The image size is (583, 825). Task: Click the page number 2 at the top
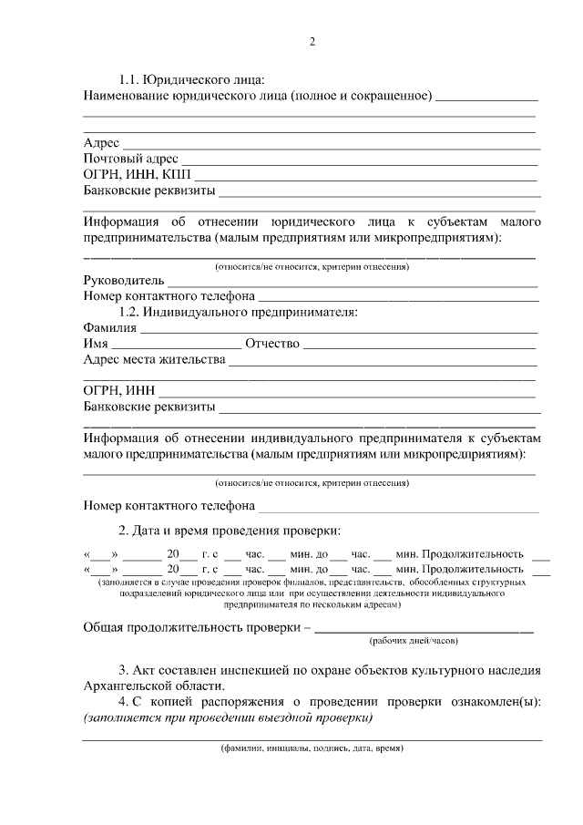click(x=312, y=42)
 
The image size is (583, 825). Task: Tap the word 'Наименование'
click(x=125, y=96)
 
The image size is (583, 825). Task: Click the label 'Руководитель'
click(x=123, y=280)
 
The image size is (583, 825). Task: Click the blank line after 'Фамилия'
click(x=337, y=330)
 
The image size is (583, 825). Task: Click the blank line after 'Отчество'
click(x=419, y=345)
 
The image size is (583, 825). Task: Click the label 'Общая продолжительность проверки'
click(x=191, y=627)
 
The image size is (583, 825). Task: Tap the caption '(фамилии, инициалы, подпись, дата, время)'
click(x=312, y=749)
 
